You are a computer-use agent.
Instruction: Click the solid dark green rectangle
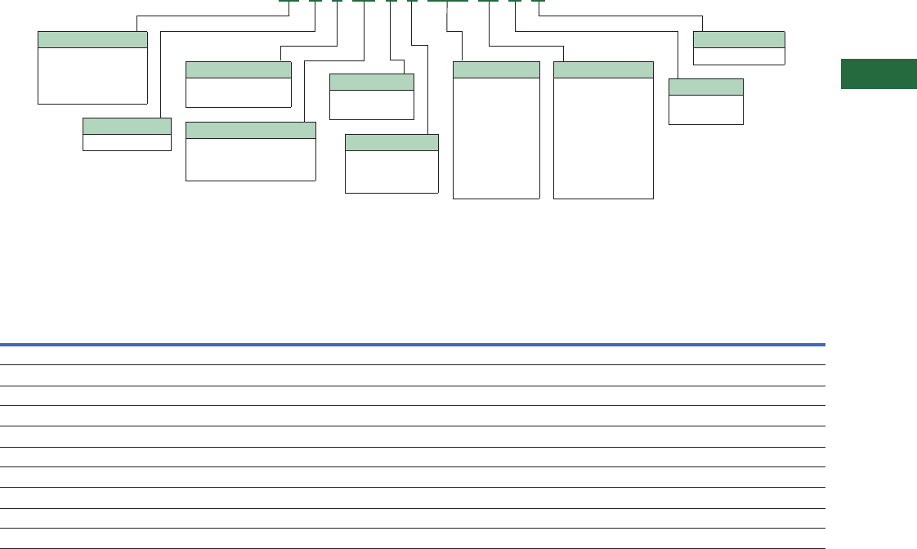[879, 74]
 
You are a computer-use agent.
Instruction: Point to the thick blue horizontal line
[413, 345]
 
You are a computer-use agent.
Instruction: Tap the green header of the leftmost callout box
[93, 39]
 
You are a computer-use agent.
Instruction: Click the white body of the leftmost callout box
[93, 75]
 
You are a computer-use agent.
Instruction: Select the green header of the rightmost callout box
[739, 39]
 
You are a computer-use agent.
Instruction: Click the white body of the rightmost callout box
[739, 56]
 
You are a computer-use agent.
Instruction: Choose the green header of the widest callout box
[251, 130]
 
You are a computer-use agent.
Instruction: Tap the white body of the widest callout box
[251, 159]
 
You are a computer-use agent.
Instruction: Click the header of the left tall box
[496, 69]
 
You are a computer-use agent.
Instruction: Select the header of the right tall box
[603, 69]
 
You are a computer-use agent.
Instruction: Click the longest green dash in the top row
[448, 1]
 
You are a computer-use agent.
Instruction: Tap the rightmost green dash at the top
[538, 1]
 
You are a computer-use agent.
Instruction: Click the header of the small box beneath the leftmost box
[127, 126]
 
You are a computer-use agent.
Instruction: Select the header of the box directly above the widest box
[239, 69]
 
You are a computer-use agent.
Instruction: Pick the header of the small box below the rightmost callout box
[706, 87]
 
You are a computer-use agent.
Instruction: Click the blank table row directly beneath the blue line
[413, 355]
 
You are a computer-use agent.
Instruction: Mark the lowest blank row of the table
[413, 538]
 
